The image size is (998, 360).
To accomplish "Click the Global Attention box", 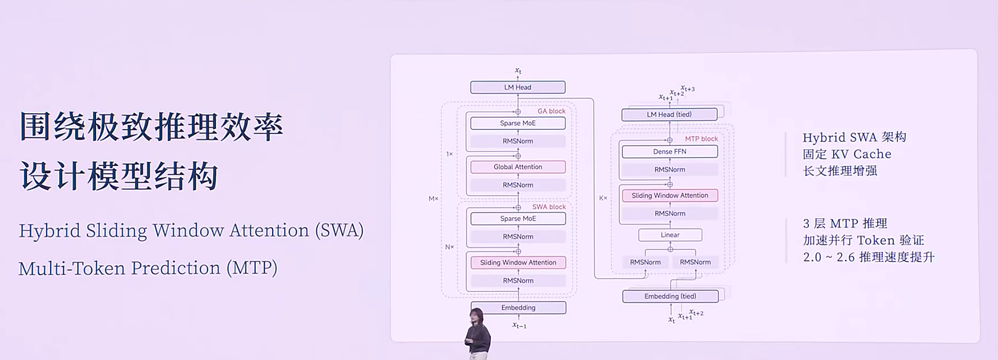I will pyautogui.click(x=518, y=167).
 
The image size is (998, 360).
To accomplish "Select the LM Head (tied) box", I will pyautogui.click(x=669, y=115).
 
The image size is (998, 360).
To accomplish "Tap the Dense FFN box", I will pyautogui.click(x=670, y=152).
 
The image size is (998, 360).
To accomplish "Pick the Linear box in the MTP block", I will pyautogui.click(x=670, y=235).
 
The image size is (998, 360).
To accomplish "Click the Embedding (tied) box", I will pyautogui.click(x=670, y=296).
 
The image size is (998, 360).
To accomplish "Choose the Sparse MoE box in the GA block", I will pyautogui.click(x=518, y=123).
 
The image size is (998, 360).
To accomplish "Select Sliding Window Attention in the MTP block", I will pyautogui.click(x=670, y=196).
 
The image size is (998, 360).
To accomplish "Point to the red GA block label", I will pyautogui.click(x=551, y=111).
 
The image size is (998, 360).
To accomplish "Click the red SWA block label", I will pyautogui.click(x=549, y=207).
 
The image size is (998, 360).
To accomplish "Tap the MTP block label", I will pyautogui.click(x=701, y=139).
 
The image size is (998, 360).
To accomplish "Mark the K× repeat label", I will pyautogui.click(x=603, y=198).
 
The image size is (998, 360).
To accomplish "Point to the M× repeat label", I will pyautogui.click(x=433, y=199).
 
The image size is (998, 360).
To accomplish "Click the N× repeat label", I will pyautogui.click(x=450, y=247).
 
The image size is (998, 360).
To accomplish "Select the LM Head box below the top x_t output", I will pyautogui.click(x=518, y=87).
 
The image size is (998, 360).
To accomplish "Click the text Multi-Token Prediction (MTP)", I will pyautogui.click(x=148, y=268).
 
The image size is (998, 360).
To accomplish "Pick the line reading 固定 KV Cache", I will pyautogui.click(x=847, y=154).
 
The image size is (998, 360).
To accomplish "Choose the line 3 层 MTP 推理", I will pyautogui.click(x=844, y=223).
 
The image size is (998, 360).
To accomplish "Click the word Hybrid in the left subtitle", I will pyautogui.click(x=49, y=231).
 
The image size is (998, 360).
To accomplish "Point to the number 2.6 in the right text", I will pyautogui.click(x=846, y=257).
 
